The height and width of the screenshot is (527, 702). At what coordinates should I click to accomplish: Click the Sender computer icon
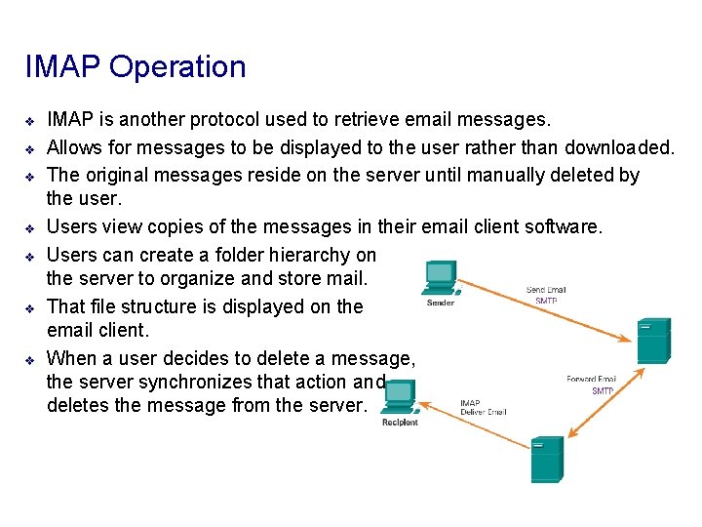point(439,277)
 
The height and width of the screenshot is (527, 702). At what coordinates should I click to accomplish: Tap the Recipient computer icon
point(399,397)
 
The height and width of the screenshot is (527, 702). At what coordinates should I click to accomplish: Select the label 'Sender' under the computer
point(441,303)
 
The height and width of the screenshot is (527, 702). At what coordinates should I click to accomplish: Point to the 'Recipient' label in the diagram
point(400,422)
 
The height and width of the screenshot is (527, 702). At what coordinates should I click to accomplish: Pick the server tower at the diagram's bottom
point(547,460)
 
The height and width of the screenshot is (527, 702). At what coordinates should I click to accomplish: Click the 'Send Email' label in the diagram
point(547,290)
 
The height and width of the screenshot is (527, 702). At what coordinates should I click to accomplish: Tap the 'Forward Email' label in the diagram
point(591,379)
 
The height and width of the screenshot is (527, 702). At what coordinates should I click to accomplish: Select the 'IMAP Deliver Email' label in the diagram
point(483,407)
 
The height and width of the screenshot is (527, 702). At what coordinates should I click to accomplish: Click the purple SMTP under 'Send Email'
point(547,302)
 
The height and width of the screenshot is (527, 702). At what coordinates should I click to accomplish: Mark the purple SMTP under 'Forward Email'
point(603,390)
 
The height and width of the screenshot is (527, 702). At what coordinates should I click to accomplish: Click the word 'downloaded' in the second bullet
point(620,147)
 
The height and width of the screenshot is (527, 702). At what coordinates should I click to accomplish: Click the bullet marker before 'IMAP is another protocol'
point(30,121)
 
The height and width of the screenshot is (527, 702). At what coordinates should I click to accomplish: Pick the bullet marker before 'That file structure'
point(30,307)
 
